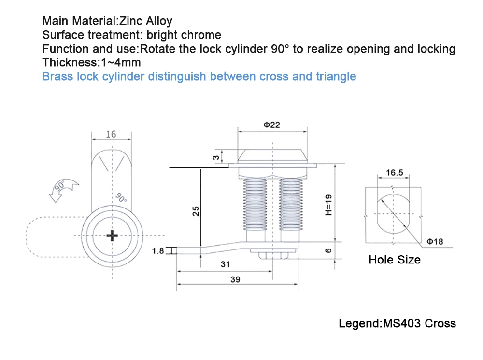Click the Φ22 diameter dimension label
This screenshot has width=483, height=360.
click(x=271, y=125)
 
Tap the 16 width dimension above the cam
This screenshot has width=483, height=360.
click(x=111, y=134)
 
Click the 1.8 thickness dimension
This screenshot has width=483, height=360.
click(x=158, y=250)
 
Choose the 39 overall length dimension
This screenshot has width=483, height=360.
click(x=236, y=279)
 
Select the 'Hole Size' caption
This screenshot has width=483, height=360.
click(x=394, y=260)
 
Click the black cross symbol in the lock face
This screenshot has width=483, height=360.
click(x=112, y=235)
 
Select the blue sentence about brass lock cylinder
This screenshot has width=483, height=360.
click(x=199, y=76)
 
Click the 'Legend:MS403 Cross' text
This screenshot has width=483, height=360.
click(x=397, y=323)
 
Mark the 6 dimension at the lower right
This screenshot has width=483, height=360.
click(x=327, y=250)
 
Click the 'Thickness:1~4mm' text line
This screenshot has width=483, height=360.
click(x=91, y=62)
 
